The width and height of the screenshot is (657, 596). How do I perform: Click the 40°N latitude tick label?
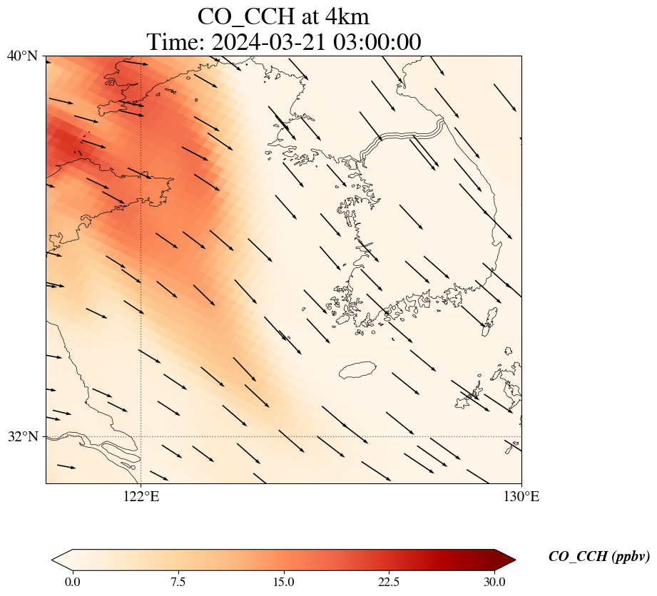(x=22, y=56)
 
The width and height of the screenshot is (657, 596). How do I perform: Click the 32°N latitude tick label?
(x=22, y=436)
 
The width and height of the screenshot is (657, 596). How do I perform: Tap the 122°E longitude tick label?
(x=141, y=497)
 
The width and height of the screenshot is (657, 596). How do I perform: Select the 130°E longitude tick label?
(x=521, y=497)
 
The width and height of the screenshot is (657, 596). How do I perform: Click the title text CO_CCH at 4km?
(x=283, y=16)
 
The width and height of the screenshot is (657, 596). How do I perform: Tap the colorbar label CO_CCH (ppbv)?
(x=599, y=557)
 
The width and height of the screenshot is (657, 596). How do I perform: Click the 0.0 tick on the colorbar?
(x=72, y=582)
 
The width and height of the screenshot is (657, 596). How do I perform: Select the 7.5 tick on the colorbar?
(x=178, y=582)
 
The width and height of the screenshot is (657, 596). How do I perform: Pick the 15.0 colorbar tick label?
(x=283, y=582)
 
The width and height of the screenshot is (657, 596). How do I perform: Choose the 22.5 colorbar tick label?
(x=389, y=582)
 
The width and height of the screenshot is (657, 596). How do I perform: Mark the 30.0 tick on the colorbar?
(x=494, y=582)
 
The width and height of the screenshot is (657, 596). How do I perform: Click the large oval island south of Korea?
(x=357, y=370)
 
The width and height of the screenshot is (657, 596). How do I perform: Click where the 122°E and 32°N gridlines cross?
(x=141, y=436)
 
